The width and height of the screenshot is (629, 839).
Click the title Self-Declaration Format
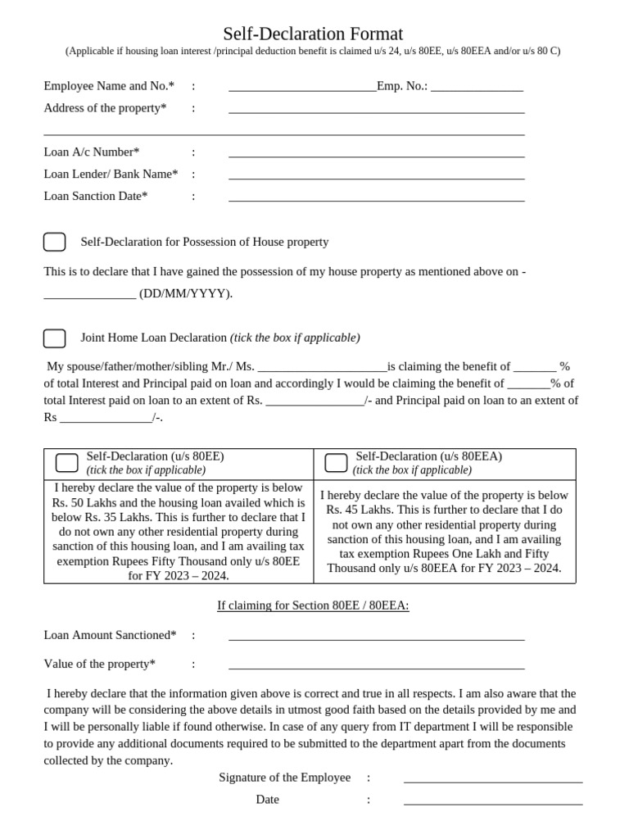point(313,34)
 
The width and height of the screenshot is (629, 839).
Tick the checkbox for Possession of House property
point(54,242)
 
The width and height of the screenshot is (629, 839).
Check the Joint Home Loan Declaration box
point(54,338)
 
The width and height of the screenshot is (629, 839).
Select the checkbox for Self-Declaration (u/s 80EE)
point(66,462)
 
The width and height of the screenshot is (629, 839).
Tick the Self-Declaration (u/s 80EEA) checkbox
point(336,462)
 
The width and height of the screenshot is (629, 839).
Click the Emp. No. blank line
point(477,88)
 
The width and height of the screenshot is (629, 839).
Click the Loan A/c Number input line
point(376,153)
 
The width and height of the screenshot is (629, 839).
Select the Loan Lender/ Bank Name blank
point(376,175)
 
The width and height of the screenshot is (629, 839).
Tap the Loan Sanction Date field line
point(376,197)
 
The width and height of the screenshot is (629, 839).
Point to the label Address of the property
point(105,108)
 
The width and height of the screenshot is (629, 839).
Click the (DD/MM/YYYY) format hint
point(186,294)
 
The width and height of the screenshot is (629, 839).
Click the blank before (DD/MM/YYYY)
point(89,296)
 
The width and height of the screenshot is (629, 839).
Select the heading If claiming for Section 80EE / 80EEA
point(313,605)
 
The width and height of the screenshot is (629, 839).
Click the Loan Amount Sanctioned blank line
point(376,637)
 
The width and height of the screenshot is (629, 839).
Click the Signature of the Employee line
point(493,779)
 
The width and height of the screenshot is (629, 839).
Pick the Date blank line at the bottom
point(493,801)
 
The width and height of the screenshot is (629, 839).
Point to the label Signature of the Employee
point(284,778)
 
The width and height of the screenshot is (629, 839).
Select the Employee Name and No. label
point(109,86)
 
